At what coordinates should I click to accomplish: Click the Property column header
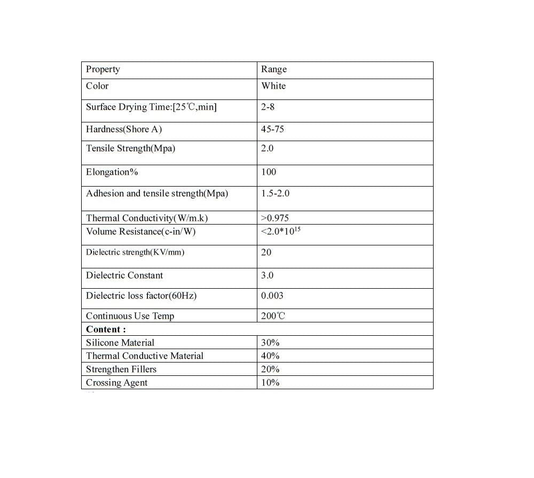point(103,69)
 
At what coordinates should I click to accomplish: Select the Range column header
point(274,69)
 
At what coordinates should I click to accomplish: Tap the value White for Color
point(273,86)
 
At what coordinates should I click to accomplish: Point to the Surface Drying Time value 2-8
point(268,107)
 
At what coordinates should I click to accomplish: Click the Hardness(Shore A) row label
point(124,129)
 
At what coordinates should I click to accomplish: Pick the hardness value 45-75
point(272,129)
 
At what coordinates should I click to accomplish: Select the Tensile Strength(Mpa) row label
point(130,148)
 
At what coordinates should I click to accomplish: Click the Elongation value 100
point(269,172)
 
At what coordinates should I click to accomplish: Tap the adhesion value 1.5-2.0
point(275,193)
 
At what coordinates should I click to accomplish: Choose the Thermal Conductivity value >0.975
point(275,218)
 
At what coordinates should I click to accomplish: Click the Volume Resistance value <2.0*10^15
point(278,232)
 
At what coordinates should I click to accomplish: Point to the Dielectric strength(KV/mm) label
point(135,252)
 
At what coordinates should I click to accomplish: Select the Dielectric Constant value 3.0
point(267,275)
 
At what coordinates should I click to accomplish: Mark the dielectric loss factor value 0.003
point(272,296)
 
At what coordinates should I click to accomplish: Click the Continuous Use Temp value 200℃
point(273,315)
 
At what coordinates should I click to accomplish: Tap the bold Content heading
point(106,329)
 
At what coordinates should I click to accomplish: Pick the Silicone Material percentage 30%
point(270,343)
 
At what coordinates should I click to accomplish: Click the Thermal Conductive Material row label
point(145,356)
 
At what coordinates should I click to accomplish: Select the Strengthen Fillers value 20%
point(270,369)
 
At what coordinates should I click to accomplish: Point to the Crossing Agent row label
point(117,382)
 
